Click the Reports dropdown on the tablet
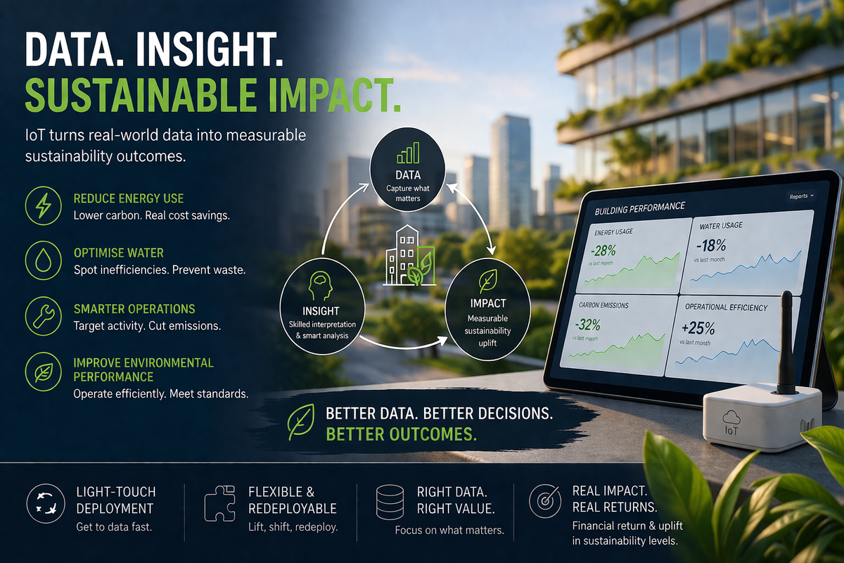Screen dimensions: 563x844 point(801,196)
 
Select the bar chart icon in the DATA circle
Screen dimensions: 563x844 point(409,155)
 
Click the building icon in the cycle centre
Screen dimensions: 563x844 point(409,257)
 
